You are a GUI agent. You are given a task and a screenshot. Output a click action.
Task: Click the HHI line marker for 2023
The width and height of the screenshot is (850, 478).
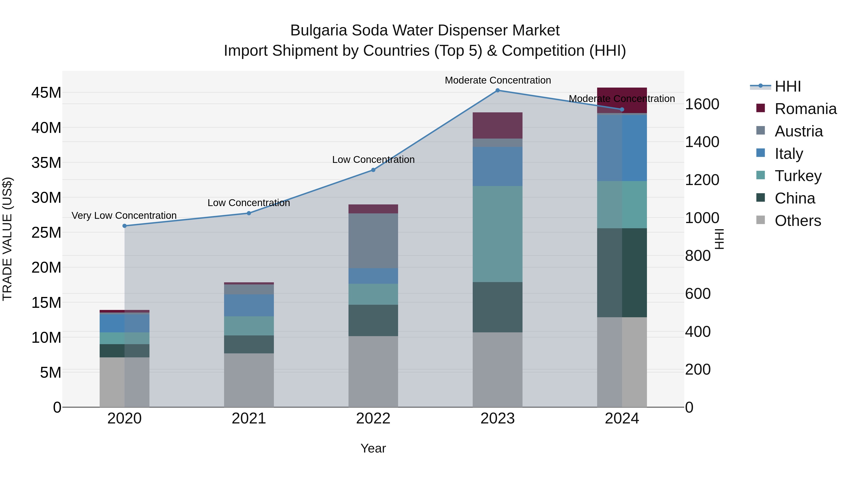(497, 90)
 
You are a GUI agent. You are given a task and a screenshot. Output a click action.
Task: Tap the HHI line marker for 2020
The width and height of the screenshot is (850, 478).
(124, 226)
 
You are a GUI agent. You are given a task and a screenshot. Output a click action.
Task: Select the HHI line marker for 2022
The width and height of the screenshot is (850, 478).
(373, 170)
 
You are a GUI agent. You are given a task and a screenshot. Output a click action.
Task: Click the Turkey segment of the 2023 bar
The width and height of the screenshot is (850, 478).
(497, 234)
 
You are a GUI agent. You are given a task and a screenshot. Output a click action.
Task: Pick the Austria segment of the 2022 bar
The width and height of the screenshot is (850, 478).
(373, 241)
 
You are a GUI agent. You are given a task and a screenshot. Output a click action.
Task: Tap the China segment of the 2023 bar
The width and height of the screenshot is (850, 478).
(497, 307)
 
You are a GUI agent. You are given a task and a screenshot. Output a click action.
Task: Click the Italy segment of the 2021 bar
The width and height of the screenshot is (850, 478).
(249, 305)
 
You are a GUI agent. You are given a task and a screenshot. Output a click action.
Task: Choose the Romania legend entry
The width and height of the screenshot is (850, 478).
(805, 109)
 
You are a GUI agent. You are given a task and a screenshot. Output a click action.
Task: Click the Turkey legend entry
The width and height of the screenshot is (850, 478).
(798, 176)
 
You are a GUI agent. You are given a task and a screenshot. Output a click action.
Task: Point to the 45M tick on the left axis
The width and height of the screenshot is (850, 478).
(46, 93)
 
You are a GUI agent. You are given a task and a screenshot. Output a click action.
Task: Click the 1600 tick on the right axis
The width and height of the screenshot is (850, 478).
(702, 104)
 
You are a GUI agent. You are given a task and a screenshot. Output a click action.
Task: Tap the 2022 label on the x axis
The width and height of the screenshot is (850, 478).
(373, 419)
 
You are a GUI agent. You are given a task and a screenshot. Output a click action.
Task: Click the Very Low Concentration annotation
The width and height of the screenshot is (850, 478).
(124, 216)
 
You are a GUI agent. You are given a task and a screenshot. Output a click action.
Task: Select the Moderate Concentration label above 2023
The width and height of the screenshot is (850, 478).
(497, 80)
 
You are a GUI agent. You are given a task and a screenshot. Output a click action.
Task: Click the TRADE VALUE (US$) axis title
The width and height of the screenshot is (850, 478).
(8, 239)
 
